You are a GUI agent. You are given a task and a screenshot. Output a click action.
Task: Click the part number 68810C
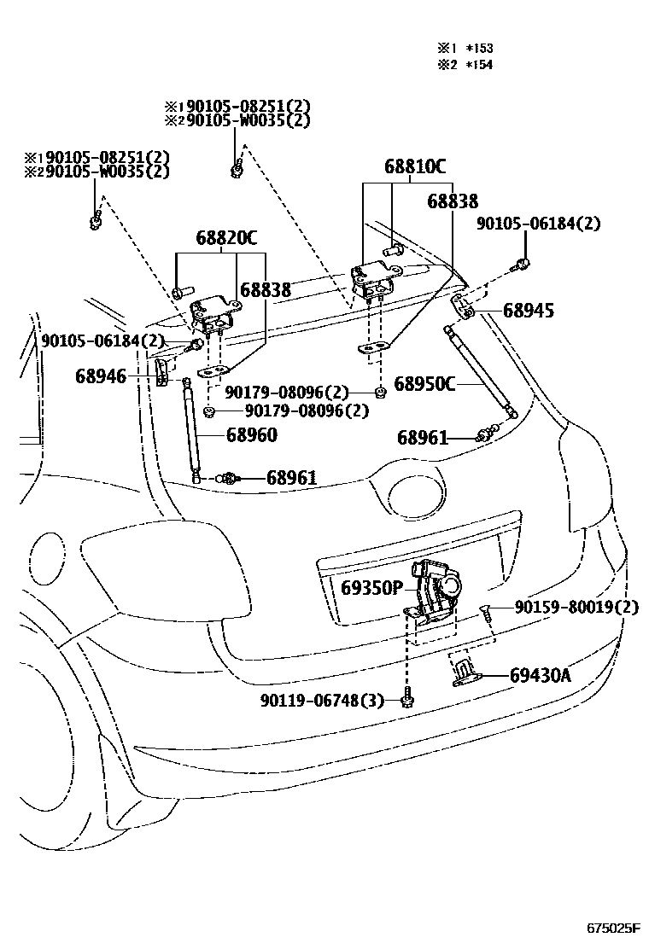pyautogui.click(x=414, y=166)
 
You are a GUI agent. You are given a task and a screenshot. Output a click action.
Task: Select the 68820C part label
pyautogui.click(x=226, y=238)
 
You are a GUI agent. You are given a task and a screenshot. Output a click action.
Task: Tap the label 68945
pyautogui.click(x=528, y=311)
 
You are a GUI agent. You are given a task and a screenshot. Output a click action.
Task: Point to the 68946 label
pyautogui.click(x=100, y=376)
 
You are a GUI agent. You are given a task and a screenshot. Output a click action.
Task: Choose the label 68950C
pyautogui.click(x=424, y=384)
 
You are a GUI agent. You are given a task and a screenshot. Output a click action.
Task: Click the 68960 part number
pyautogui.click(x=251, y=435)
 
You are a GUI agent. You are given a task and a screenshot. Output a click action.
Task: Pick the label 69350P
pyautogui.click(x=371, y=589)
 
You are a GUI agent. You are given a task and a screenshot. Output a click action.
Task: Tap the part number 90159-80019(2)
pyautogui.click(x=576, y=608)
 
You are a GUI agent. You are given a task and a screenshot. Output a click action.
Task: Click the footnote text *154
pyautogui.click(x=480, y=64)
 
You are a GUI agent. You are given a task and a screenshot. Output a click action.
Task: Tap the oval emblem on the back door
pyautogui.click(x=418, y=495)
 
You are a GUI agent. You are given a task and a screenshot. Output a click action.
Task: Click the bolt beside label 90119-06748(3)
pyautogui.click(x=407, y=699)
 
